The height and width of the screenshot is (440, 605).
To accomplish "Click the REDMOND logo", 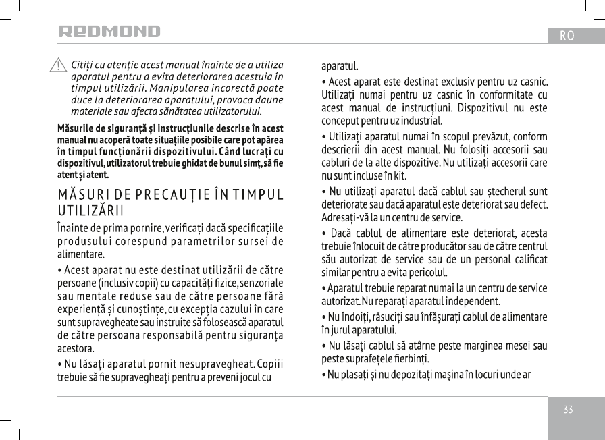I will point(109,32).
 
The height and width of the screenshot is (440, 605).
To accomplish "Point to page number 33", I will point(568,410).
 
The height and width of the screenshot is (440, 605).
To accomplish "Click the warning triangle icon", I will point(59,66).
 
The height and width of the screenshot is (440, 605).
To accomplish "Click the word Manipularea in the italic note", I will point(178,88).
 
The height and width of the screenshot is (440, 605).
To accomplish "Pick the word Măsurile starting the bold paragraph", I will point(76,128).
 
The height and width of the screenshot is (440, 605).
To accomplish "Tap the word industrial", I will point(422,121).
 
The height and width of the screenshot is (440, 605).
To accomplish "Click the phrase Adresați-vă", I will point(345,218).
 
